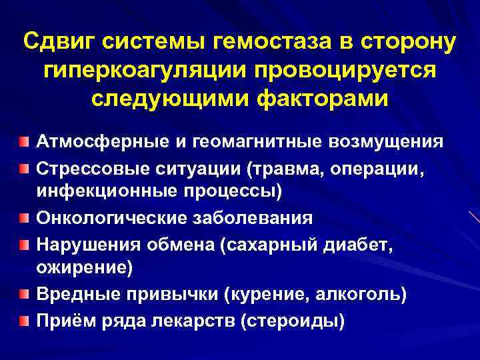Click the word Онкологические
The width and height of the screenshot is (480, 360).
109,217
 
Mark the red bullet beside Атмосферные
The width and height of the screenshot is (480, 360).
24,141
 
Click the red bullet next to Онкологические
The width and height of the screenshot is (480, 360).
24,217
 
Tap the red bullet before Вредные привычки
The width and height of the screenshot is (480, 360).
24,293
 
